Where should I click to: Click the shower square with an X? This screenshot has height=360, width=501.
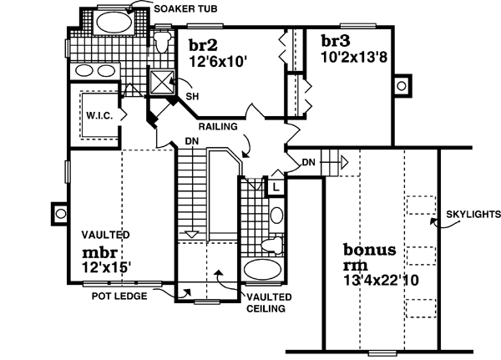point(159,82)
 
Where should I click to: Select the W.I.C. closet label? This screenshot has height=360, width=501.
point(99,118)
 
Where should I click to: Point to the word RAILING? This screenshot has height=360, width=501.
point(219,127)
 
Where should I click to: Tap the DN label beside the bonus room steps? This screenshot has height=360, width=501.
point(308,161)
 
